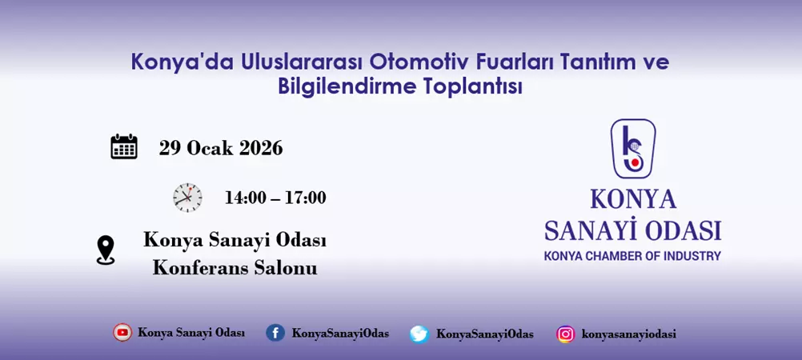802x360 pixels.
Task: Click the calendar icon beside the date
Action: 124,147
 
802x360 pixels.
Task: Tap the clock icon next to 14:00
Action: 187,197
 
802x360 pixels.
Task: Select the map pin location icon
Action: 106,250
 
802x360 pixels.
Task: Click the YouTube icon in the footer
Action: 122,333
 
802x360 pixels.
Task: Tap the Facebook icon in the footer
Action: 275,333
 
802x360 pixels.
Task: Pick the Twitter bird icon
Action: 419,334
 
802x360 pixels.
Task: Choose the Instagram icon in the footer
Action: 566,334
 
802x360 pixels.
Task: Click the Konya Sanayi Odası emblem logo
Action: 632,149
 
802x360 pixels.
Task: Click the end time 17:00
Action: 305,198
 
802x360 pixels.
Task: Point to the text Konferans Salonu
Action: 235,268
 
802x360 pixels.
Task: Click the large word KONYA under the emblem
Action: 632,199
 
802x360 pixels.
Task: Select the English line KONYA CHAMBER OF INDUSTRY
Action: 632,256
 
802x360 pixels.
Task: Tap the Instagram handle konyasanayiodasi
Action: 628,334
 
